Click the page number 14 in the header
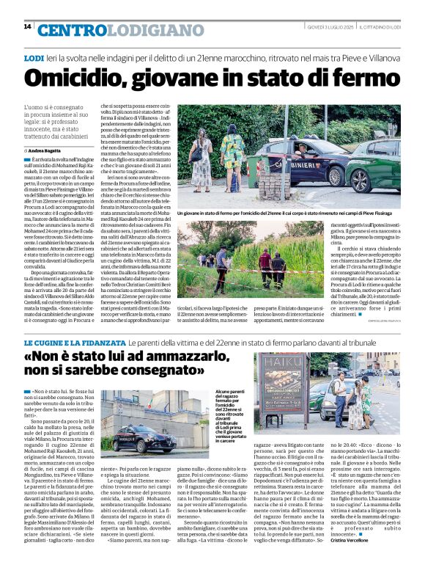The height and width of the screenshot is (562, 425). (x=27, y=26)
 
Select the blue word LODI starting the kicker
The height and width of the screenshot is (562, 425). (x=34, y=57)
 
